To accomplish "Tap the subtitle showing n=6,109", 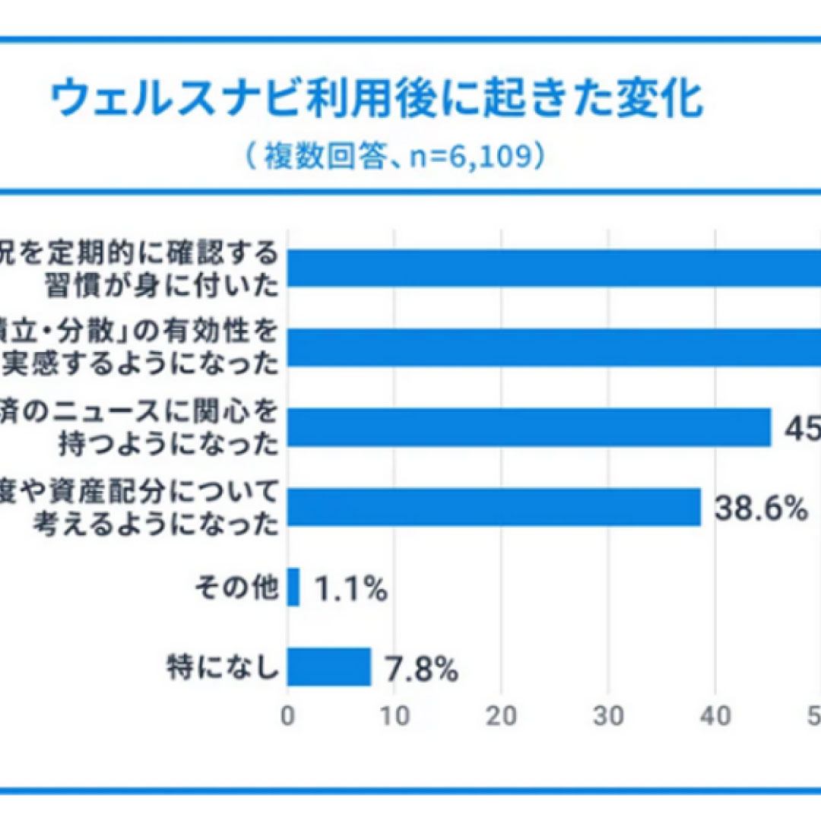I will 394,157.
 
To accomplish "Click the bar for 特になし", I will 328,667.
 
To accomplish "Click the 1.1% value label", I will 350,589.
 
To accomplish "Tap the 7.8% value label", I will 421,669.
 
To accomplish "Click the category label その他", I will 236,589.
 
